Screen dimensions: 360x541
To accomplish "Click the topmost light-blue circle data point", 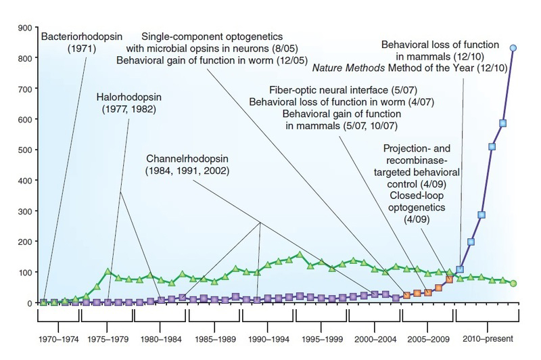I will [513, 48].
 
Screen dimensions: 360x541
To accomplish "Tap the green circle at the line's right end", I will [513, 283].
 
